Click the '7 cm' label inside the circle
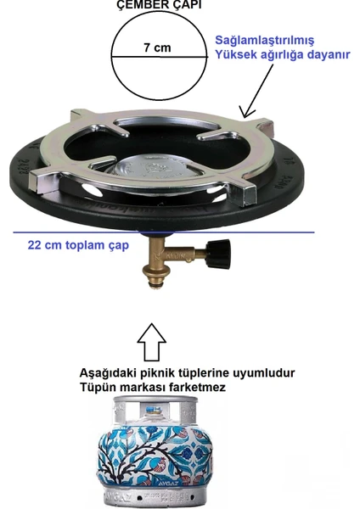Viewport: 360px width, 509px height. click(157, 48)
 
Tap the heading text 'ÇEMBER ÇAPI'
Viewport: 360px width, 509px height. click(159, 4)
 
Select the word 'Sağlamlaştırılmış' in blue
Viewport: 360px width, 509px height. click(265, 41)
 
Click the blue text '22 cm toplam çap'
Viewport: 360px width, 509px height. click(78, 245)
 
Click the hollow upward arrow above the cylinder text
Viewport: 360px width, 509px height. click(152, 342)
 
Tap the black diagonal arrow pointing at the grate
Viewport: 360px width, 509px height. click(259, 91)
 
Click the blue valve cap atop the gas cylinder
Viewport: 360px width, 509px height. click(154, 410)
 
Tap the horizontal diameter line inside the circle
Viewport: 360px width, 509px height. click(160, 57)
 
